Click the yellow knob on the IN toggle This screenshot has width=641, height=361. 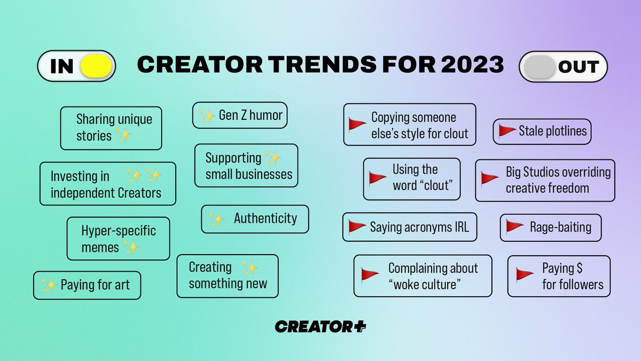[x=96, y=66]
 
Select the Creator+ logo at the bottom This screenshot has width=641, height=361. [x=320, y=326]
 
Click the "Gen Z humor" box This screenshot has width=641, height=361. [x=240, y=116]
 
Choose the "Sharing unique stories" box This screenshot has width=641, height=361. [x=111, y=128]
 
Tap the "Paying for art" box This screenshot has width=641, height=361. [x=87, y=285]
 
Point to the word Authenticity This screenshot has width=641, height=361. [x=265, y=218]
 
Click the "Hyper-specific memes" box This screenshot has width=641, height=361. [x=118, y=239]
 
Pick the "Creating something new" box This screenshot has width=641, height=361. [x=228, y=275]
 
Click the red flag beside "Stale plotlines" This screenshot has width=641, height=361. [x=506, y=131]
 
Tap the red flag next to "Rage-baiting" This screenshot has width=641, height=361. [x=514, y=227]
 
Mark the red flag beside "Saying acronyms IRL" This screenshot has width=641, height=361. [x=356, y=227]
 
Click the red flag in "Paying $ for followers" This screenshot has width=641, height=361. [x=525, y=275]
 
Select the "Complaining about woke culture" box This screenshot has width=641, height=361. [x=423, y=275]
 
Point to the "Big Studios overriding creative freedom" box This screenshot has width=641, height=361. [x=545, y=180]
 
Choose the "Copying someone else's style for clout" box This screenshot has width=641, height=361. [x=409, y=125]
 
